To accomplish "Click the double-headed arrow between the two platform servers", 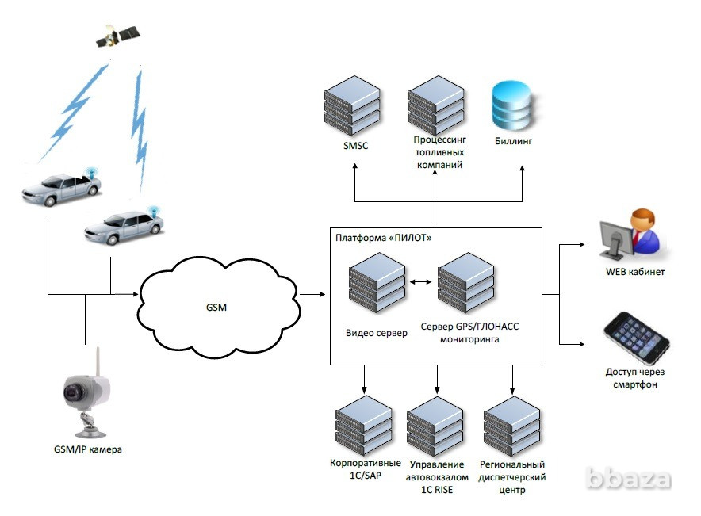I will (421, 281).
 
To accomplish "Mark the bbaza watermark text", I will (628, 479).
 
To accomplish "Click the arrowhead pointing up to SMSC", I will (355, 166).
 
